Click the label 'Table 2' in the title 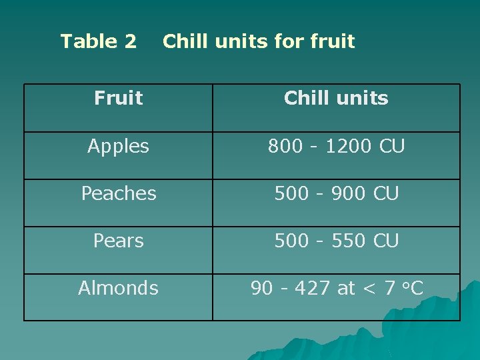coord(99,42)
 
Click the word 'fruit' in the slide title coord(333,42)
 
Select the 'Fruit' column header coord(118,99)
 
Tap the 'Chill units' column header coord(336,99)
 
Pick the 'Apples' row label coord(118,147)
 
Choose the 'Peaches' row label coord(119,194)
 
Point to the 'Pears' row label coord(118,241)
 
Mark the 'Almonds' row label coord(118,289)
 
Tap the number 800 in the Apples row coord(284,147)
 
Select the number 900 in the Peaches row coord(349,194)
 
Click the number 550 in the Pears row coord(349,241)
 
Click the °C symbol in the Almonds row coord(413,289)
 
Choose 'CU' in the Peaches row coord(386,194)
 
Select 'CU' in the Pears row coord(386,241)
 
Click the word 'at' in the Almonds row coord(346,289)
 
